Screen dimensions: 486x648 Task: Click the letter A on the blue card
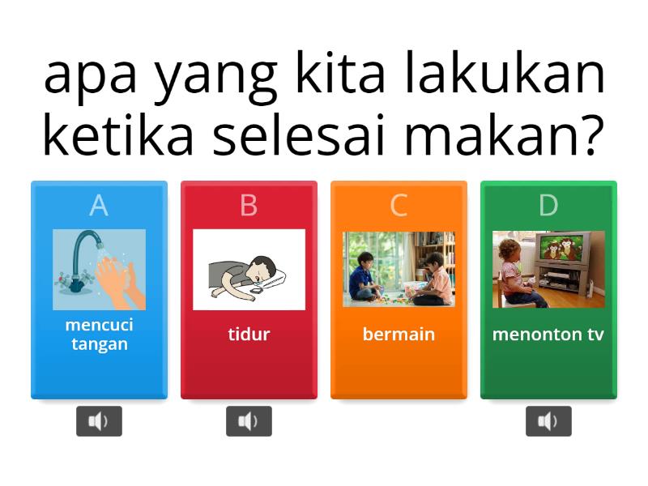(x=99, y=206)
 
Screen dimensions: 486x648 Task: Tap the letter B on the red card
(x=249, y=206)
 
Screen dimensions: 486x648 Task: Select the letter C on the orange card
(x=399, y=206)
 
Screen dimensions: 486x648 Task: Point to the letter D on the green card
(x=548, y=206)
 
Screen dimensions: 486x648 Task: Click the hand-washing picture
(x=99, y=270)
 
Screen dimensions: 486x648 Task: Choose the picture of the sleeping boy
(x=249, y=270)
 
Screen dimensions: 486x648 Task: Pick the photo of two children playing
(x=399, y=270)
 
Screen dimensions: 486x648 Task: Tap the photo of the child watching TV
(x=548, y=270)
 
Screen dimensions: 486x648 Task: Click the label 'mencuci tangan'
(x=99, y=334)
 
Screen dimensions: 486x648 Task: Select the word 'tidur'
(x=249, y=334)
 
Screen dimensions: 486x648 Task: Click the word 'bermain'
(x=399, y=334)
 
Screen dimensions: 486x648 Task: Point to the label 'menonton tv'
(x=548, y=334)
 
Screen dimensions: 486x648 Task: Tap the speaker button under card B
(x=249, y=421)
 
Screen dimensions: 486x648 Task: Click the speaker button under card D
(x=548, y=421)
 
